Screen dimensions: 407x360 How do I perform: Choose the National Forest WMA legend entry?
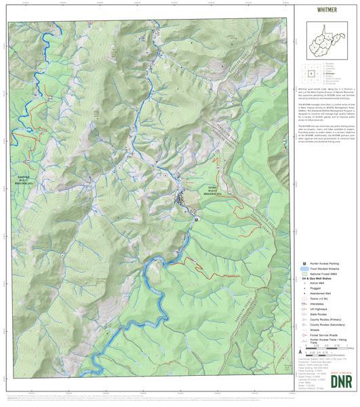pyautogui.click(x=323, y=274)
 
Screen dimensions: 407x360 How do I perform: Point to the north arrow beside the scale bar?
pyautogui.click(x=301, y=352)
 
